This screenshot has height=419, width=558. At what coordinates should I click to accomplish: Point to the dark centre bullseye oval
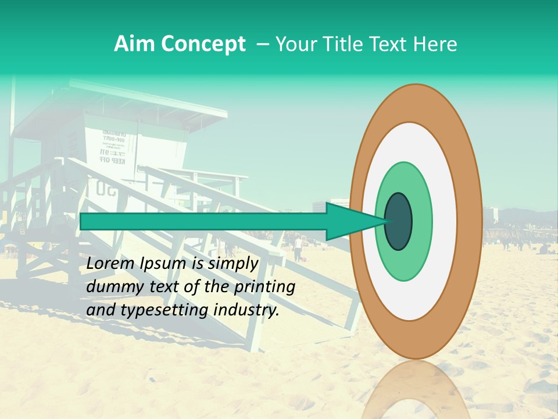399,221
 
